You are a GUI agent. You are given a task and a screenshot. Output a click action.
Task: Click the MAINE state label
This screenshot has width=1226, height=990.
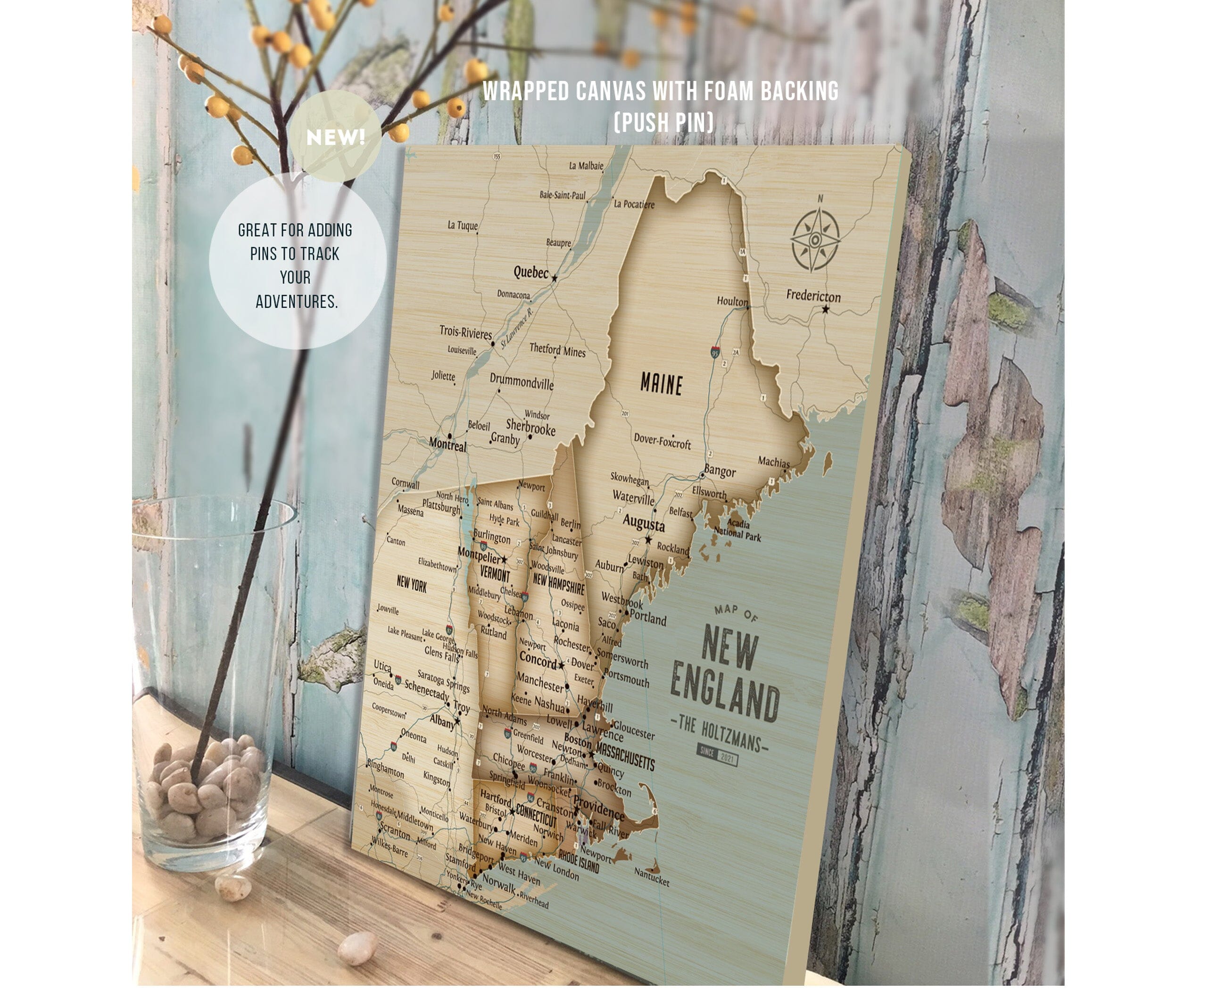pos(661,384)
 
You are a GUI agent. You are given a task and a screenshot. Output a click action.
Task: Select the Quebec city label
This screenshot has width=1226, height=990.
pos(530,272)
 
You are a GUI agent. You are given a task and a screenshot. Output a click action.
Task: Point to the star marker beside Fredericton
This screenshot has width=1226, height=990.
pos(826,309)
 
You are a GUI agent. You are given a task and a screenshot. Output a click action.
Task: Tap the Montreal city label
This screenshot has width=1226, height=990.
pos(447,444)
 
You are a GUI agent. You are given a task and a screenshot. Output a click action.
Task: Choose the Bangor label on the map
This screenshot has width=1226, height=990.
pos(720,471)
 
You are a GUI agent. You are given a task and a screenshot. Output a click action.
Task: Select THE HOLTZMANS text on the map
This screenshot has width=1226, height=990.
pos(720,735)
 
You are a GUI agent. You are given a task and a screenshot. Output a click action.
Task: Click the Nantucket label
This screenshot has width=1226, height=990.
pos(652,879)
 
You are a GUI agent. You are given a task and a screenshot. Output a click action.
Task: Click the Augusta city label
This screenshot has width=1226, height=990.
pos(644,522)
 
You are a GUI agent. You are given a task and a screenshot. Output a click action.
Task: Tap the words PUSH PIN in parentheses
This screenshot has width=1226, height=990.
pos(663,122)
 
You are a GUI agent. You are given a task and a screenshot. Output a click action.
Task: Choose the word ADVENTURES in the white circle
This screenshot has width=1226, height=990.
pos(297,302)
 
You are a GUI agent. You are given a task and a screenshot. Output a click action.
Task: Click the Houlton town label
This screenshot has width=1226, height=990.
pos(732,301)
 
